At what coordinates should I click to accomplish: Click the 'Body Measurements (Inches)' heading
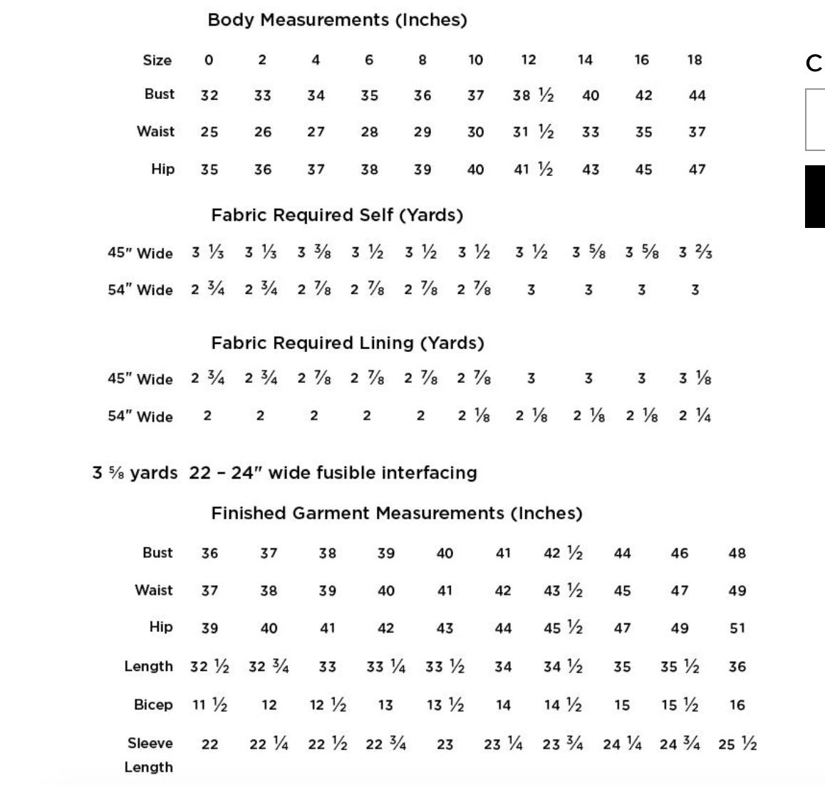(x=337, y=20)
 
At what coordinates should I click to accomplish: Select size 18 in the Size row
(x=695, y=60)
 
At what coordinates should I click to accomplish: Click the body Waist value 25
(x=209, y=132)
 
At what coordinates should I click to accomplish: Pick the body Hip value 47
(x=697, y=170)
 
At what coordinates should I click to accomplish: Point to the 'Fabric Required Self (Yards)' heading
(x=337, y=215)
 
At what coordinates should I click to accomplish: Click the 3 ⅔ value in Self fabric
(x=695, y=253)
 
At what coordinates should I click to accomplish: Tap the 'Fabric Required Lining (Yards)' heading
(x=348, y=343)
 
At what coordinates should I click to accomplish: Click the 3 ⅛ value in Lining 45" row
(x=695, y=379)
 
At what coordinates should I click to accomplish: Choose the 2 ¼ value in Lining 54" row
(x=695, y=416)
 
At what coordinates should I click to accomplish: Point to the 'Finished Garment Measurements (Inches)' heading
(x=396, y=513)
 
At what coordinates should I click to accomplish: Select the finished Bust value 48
(x=737, y=553)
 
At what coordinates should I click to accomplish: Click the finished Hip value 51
(x=737, y=628)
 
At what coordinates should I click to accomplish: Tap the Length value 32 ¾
(x=269, y=667)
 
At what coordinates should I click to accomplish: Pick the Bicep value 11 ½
(x=209, y=705)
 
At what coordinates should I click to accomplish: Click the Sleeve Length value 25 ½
(x=737, y=744)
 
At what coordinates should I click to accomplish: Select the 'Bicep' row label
(x=153, y=705)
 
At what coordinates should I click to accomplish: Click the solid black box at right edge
(x=815, y=197)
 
